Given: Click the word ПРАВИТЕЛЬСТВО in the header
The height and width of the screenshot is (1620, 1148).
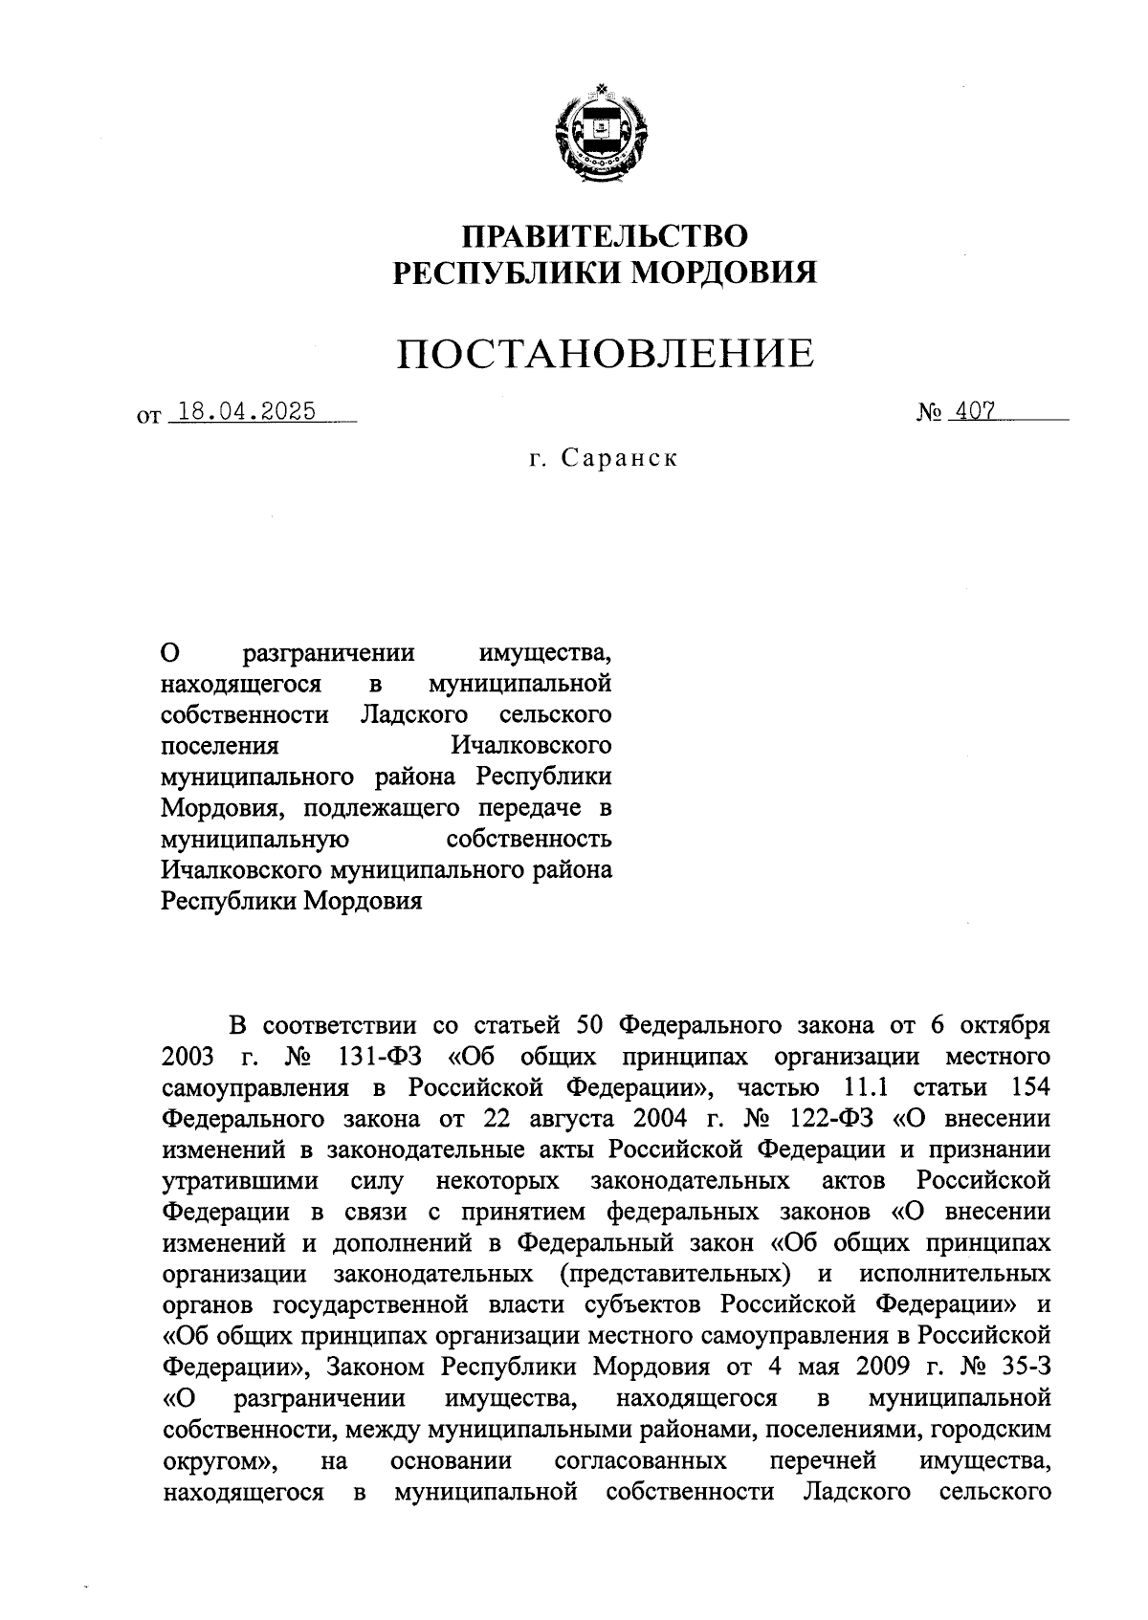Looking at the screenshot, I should (x=605, y=236).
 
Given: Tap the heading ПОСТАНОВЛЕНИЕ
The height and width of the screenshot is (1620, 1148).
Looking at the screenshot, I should (x=607, y=354).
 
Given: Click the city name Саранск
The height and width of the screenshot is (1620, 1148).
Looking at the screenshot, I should (x=619, y=458).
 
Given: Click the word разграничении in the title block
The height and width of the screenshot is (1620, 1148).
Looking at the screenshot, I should (x=329, y=654).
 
